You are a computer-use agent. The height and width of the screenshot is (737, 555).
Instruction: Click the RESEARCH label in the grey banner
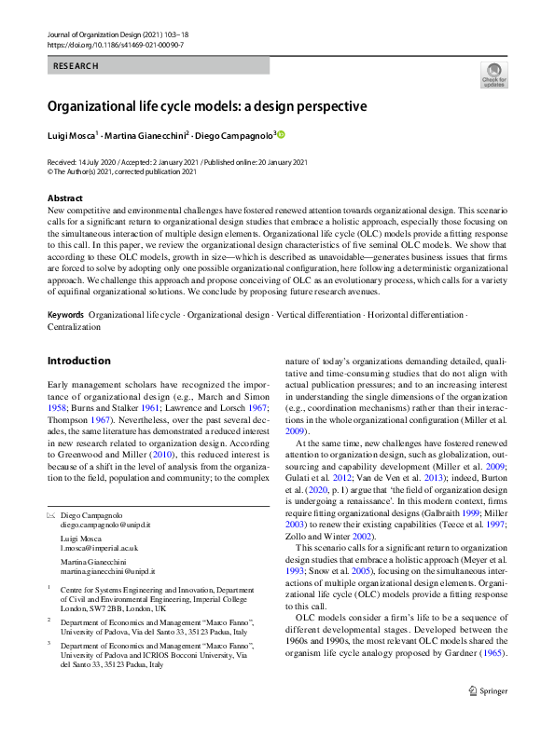pos(76,66)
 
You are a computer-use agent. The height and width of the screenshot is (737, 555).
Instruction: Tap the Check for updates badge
pos(493,75)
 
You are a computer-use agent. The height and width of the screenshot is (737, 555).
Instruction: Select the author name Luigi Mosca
pos(74,135)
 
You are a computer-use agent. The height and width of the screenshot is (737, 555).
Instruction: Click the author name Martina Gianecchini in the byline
pos(147,135)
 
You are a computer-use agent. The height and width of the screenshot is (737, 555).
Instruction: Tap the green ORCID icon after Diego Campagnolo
pos(281,135)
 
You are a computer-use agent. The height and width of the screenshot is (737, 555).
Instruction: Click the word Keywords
pos(66,290)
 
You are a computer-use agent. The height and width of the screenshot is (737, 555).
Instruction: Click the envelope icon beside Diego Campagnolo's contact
pos(51,514)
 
